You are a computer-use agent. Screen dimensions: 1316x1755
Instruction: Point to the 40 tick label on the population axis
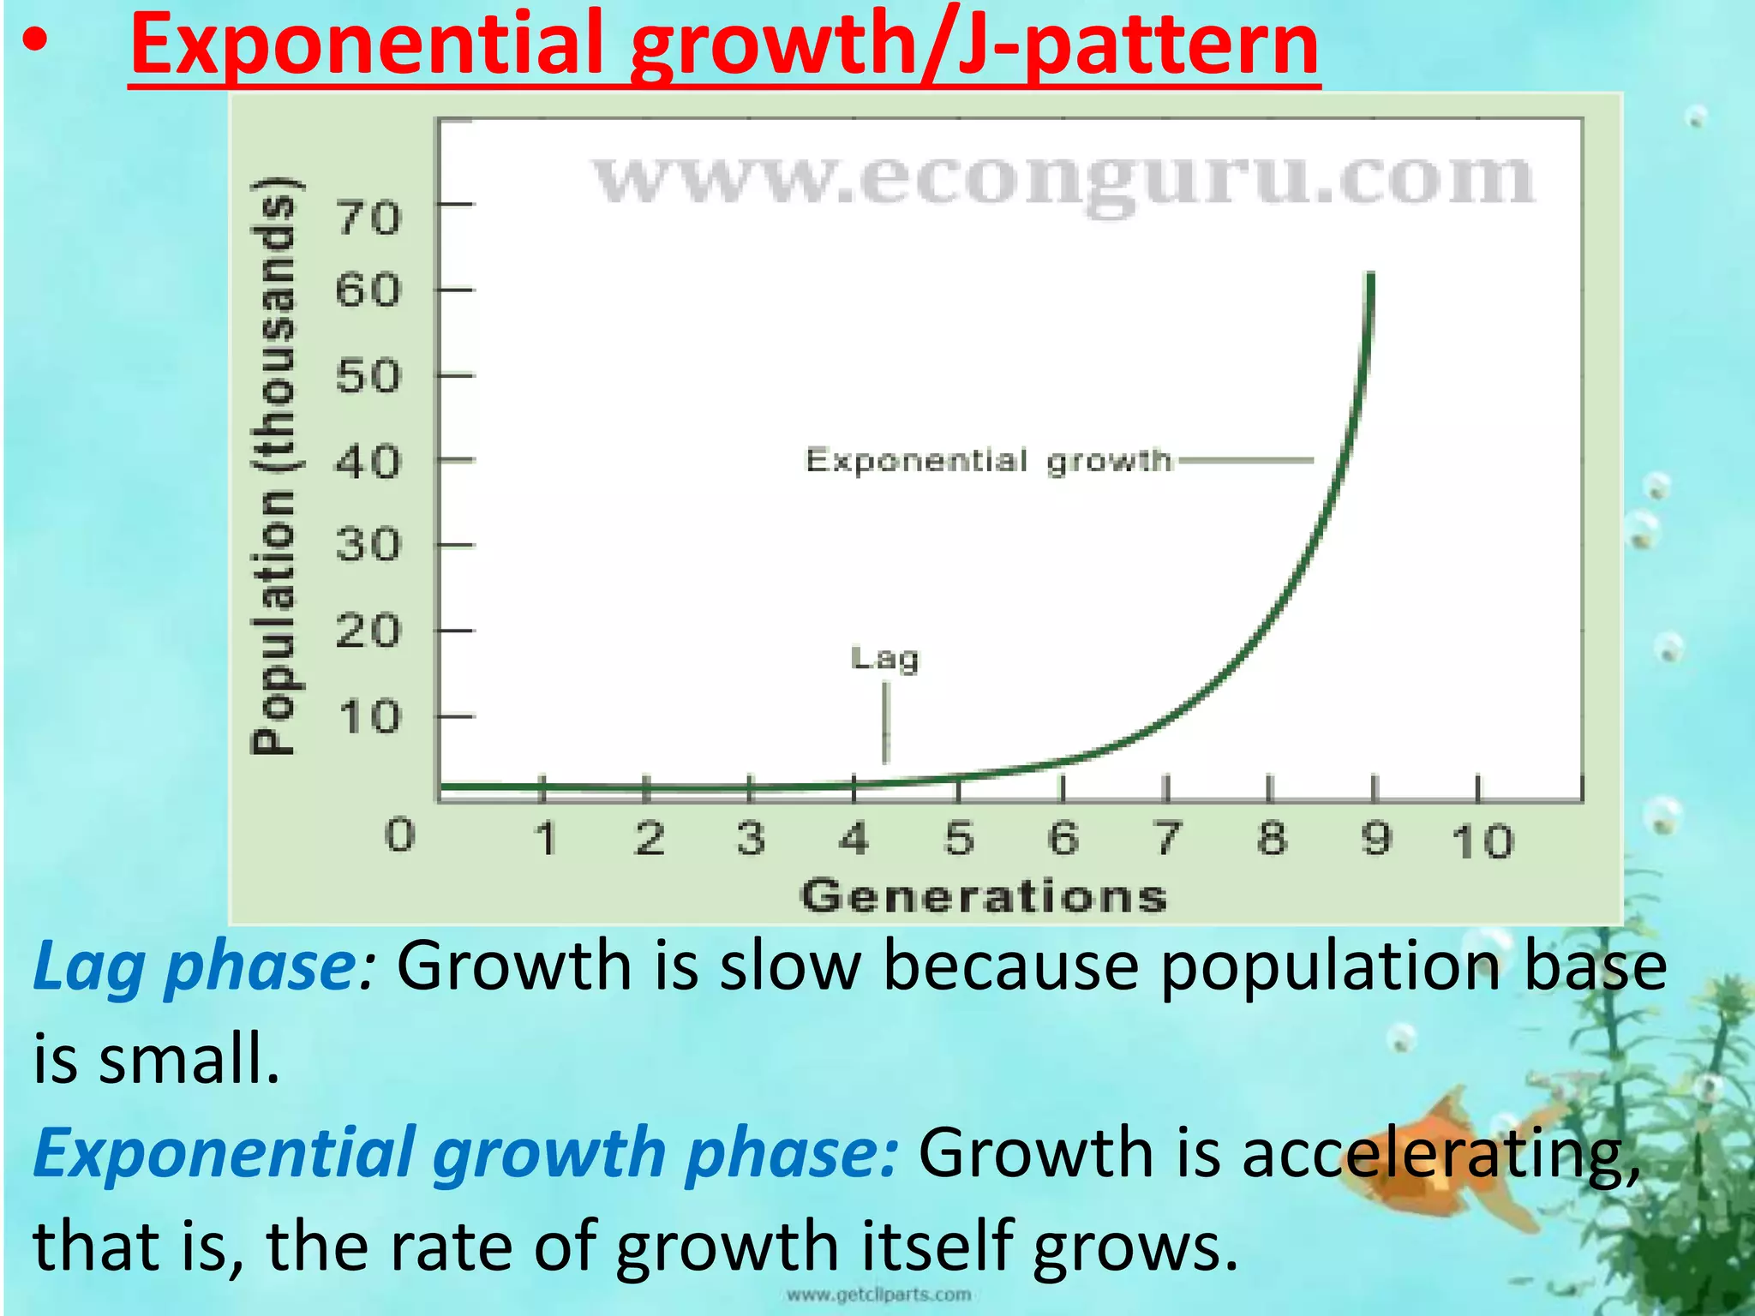click(x=368, y=463)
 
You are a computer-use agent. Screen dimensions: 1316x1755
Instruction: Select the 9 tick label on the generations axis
click(x=1376, y=838)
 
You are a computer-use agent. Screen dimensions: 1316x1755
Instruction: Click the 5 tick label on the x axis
click(x=960, y=838)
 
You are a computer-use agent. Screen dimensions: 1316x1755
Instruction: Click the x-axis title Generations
click(x=984, y=896)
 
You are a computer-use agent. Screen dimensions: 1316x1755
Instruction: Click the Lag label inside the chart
click(x=885, y=659)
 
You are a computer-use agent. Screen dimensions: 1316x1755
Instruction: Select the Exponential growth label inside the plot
click(x=988, y=461)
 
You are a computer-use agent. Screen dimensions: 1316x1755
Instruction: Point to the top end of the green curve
click(x=1370, y=276)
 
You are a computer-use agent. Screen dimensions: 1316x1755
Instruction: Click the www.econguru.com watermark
click(x=1063, y=179)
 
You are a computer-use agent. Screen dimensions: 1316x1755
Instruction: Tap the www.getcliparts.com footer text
click(x=878, y=1295)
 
